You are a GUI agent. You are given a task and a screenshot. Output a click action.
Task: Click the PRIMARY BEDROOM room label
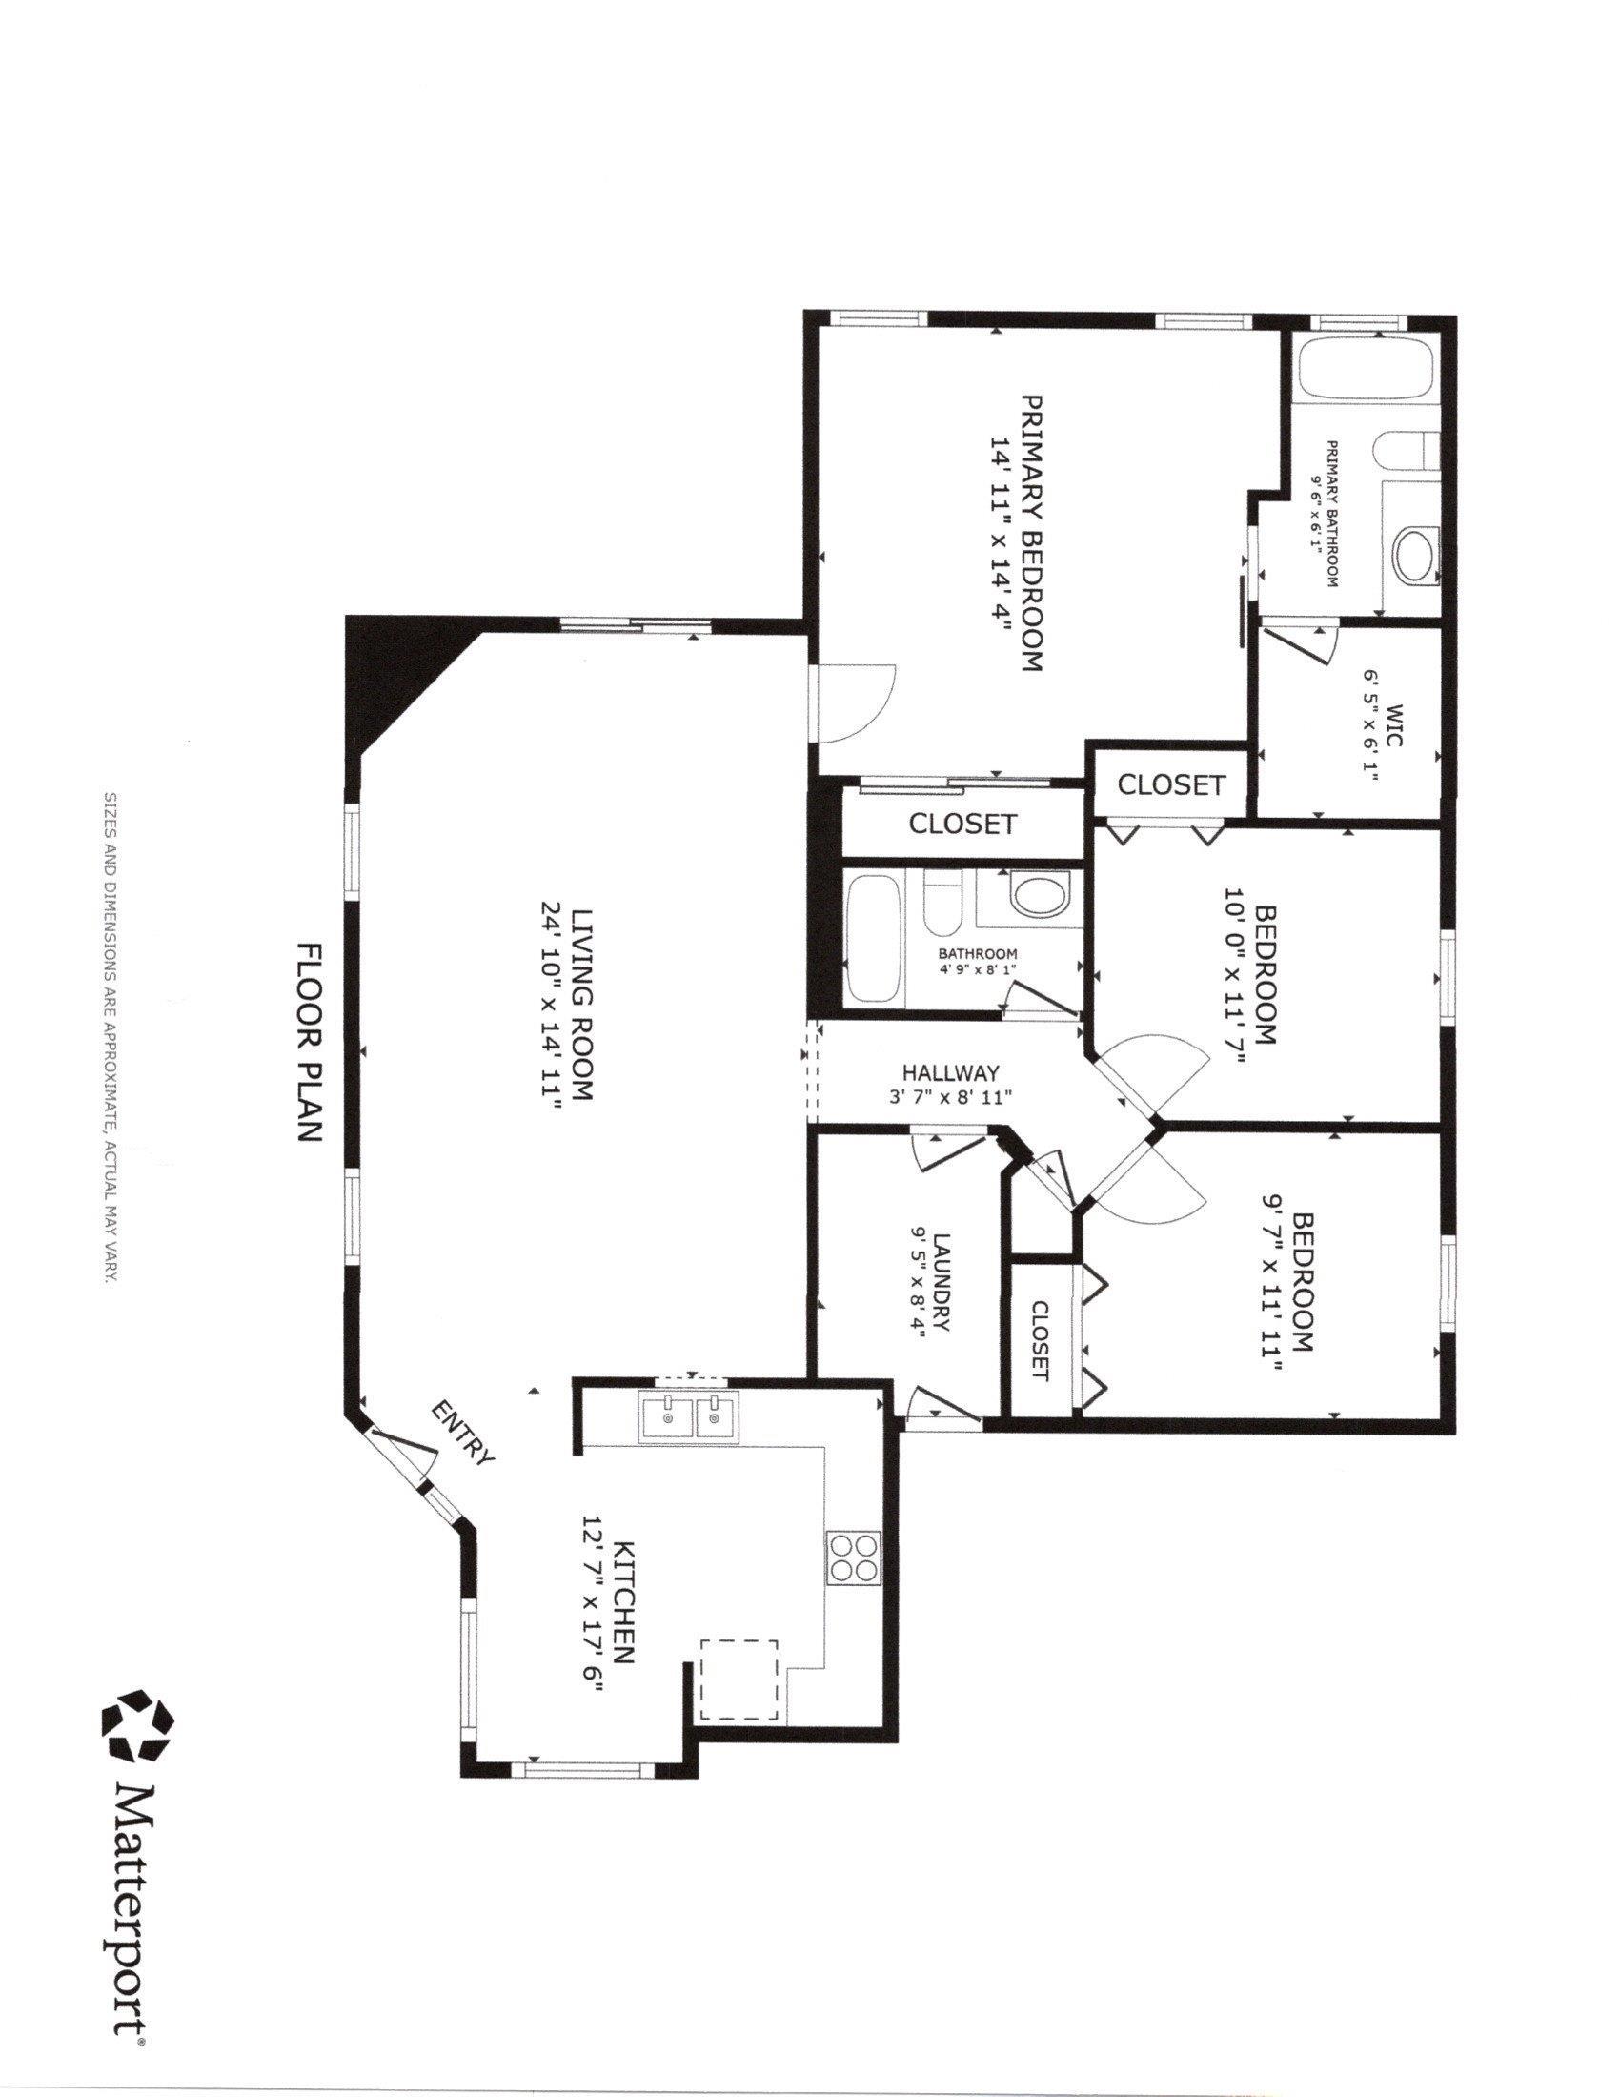(1031, 532)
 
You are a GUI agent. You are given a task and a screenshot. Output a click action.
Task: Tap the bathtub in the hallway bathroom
(872, 939)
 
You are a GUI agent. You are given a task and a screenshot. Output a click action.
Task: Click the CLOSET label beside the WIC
(1172, 784)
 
